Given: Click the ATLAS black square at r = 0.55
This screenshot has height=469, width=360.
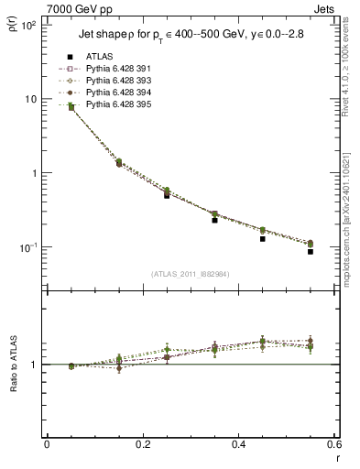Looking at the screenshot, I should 311,251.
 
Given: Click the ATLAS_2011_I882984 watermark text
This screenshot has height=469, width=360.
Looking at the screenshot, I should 190,274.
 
